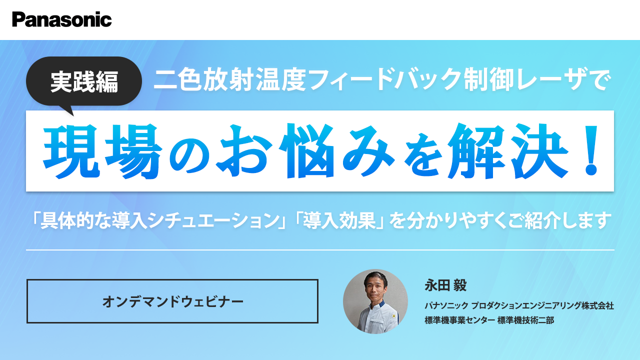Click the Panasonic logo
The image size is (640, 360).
[62, 19]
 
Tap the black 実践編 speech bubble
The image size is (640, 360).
[84, 81]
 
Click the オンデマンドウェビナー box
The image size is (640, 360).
[172, 301]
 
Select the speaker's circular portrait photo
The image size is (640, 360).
[375, 301]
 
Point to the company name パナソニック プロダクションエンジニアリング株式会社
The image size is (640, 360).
[519, 305]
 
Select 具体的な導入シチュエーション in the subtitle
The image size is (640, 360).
[159, 219]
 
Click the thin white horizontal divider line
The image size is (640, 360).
[320, 249]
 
